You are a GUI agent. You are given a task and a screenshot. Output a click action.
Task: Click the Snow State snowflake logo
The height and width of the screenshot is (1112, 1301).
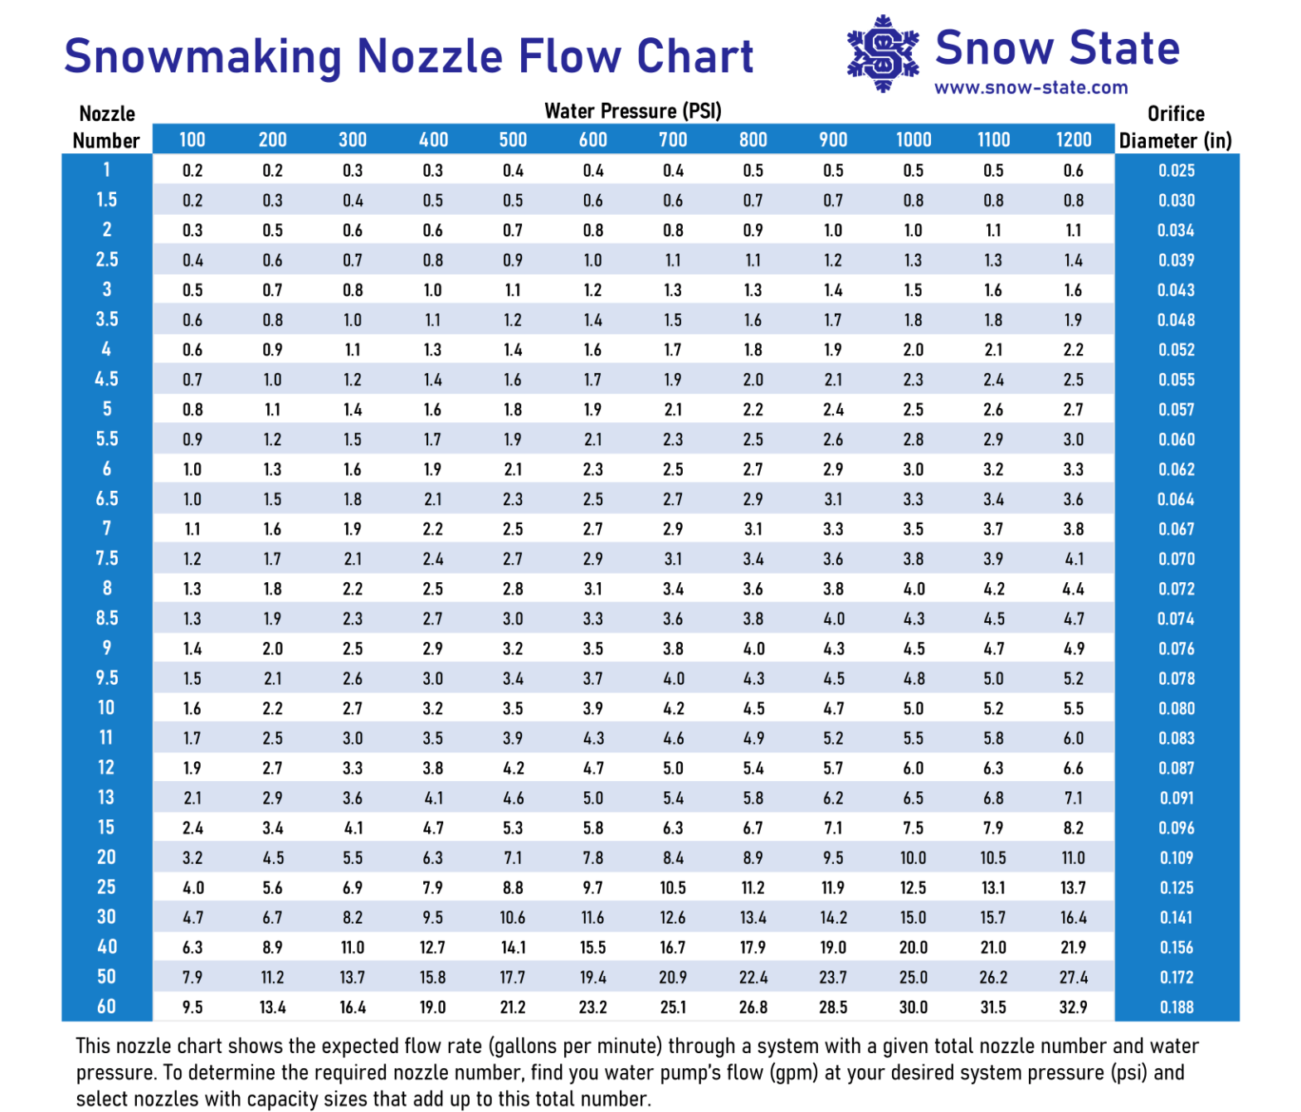[x=883, y=53]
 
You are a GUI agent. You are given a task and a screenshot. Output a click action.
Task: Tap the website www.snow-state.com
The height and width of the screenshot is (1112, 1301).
[x=1031, y=88]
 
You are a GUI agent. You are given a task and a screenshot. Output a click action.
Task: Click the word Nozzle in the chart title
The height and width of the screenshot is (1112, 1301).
[x=430, y=56]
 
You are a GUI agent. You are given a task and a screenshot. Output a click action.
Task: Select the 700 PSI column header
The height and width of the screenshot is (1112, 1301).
[x=673, y=140]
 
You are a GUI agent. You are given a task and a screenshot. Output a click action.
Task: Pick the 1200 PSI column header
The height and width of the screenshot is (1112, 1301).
[x=1074, y=140]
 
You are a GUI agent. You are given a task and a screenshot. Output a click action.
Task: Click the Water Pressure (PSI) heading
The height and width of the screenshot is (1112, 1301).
[x=633, y=111]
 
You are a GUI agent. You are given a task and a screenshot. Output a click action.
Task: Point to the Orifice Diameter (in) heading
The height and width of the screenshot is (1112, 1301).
[x=1176, y=127]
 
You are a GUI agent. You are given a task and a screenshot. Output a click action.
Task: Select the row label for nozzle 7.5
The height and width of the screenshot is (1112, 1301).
[x=107, y=559]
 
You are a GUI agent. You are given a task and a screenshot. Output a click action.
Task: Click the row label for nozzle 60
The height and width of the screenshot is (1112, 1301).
[x=107, y=1007]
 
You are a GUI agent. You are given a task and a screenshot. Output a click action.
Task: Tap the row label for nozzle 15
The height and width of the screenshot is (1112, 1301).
[x=107, y=828]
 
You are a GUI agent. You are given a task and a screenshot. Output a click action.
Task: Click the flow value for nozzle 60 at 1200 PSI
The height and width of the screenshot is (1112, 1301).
[x=1074, y=1008]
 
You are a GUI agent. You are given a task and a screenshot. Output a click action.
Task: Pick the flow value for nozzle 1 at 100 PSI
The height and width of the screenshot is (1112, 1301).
[x=192, y=171]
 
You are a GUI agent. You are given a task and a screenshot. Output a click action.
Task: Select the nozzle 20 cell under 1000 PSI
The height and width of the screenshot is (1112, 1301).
[x=913, y=858]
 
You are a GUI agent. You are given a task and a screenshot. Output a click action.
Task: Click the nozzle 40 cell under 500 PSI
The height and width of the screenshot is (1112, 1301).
[x=513, y=948]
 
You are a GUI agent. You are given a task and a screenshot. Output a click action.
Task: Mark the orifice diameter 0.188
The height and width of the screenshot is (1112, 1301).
[x=1177, y=1008]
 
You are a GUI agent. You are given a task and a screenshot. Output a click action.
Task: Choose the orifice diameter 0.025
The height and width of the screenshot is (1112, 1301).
[x=1177, y=171]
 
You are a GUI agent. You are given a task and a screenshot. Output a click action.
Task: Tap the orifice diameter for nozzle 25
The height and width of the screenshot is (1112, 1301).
[x=1177, y=888]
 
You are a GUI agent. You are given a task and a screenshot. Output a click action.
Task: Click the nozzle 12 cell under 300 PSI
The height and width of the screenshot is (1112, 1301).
[x=353, y=769]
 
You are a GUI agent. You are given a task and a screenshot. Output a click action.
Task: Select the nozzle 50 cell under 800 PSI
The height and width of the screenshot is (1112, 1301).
[x=753, y=978]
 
